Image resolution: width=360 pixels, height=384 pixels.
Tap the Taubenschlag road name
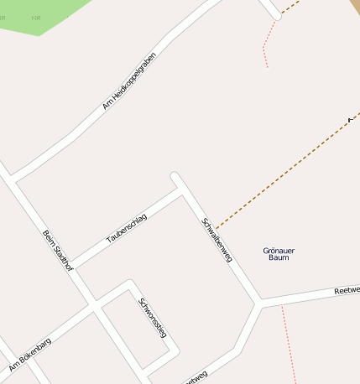click(127, 229)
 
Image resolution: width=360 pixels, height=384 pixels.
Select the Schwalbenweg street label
click(217, 241)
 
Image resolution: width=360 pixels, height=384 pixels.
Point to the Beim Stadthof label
click(58, 249)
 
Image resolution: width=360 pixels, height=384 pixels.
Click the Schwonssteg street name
click(154, 318)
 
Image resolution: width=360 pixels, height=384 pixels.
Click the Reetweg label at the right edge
click(346, 290)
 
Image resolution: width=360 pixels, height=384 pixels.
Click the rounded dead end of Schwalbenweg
click(175, 176)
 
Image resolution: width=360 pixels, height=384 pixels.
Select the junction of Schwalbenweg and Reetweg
click(259, 303)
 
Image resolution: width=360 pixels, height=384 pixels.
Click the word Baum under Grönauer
click(279, 258)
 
